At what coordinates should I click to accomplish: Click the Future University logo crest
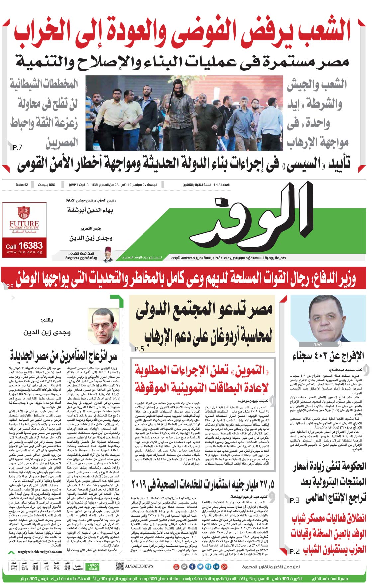point(24,213)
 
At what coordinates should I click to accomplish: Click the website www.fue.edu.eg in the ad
point(24,252)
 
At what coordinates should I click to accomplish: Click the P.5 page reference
point(139,349)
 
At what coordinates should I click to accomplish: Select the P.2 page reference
point(294,551)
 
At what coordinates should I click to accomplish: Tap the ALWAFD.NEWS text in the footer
point(139,566)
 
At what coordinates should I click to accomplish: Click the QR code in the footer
point(120,566)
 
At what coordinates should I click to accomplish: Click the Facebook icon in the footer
point(192,567)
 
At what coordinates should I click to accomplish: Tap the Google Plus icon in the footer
point(224,567)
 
